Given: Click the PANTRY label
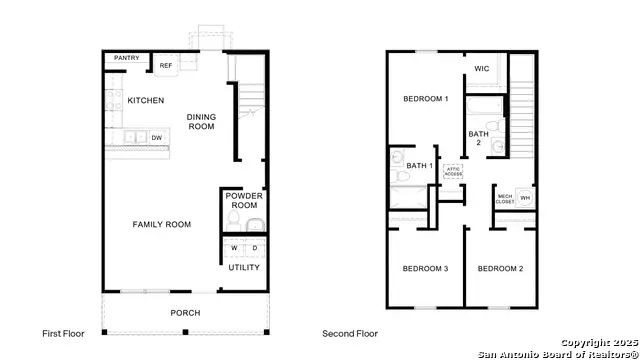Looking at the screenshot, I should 126,58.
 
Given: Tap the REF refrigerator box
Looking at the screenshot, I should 166,66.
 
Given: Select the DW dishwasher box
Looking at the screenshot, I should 157,137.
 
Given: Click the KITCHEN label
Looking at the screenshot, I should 145,100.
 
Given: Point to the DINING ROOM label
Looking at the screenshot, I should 201,122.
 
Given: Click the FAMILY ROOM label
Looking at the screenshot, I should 161,224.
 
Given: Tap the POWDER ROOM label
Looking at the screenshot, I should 243,200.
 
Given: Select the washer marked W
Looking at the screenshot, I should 235,247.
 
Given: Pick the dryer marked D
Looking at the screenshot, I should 254,247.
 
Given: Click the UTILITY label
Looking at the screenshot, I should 244,267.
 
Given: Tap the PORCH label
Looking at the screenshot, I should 184,313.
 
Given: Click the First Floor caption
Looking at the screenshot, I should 63,333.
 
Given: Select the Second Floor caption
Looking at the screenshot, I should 349,333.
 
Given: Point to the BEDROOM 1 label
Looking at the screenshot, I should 425,99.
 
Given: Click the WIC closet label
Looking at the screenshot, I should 481,69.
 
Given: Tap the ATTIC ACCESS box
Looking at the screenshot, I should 453,171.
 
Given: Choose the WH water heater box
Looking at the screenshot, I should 524,198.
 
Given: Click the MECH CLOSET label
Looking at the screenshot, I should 505,199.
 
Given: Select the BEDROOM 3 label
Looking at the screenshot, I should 425,268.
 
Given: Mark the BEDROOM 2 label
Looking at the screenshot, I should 499,268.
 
